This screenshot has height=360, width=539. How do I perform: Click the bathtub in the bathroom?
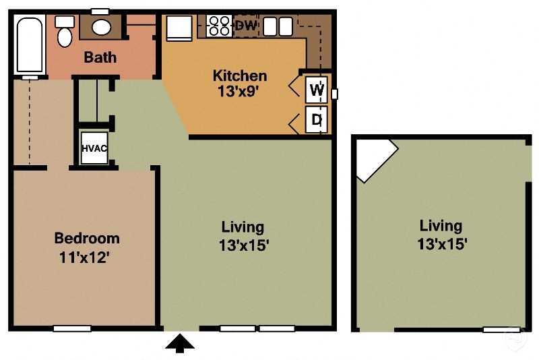tap(29, 44)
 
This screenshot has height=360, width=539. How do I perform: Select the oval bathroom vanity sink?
tap(101, 28)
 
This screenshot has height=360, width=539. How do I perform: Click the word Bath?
tap(100, 57)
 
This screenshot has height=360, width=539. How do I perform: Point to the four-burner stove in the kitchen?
tap(220, 26)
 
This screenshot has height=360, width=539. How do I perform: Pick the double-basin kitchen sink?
tap(277, 26)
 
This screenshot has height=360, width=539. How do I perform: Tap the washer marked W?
tap(317, 88)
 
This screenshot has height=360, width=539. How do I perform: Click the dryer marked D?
tap(317, 121)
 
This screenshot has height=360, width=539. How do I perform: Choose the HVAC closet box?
tap(94, 148)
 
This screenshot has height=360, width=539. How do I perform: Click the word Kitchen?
tap(240, 75)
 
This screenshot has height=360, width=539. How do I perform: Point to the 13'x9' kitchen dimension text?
tap(240, 92)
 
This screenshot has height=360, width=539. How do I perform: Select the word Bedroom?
tap(87, 238)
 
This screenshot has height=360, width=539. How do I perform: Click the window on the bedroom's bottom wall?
tap(72, 329)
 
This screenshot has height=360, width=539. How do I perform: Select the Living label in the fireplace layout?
tap(441, 226)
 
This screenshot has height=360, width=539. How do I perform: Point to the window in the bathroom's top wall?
tap(100, 11)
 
